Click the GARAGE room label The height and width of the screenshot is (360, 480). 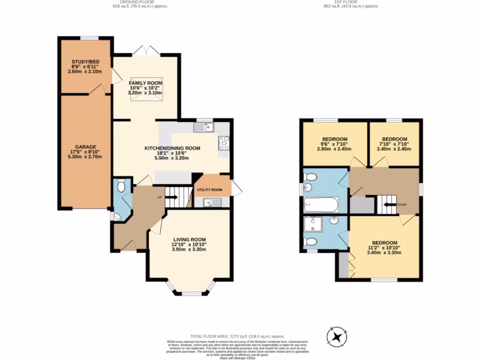[x=84, y=145]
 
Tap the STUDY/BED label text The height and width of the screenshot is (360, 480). [x=84, y=62]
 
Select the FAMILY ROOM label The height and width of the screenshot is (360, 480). [x=146, y=83]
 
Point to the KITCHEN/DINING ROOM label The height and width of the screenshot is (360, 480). [x=172, y=148]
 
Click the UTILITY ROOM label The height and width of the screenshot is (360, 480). [x=209, y=190]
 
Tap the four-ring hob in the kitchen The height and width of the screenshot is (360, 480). [x=224, y=142]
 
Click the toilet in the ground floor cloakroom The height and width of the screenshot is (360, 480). [x=121, y=187]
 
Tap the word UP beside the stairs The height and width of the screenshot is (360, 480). [x=159, y=197]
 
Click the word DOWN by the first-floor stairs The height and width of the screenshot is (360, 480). [x=402, y=204]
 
